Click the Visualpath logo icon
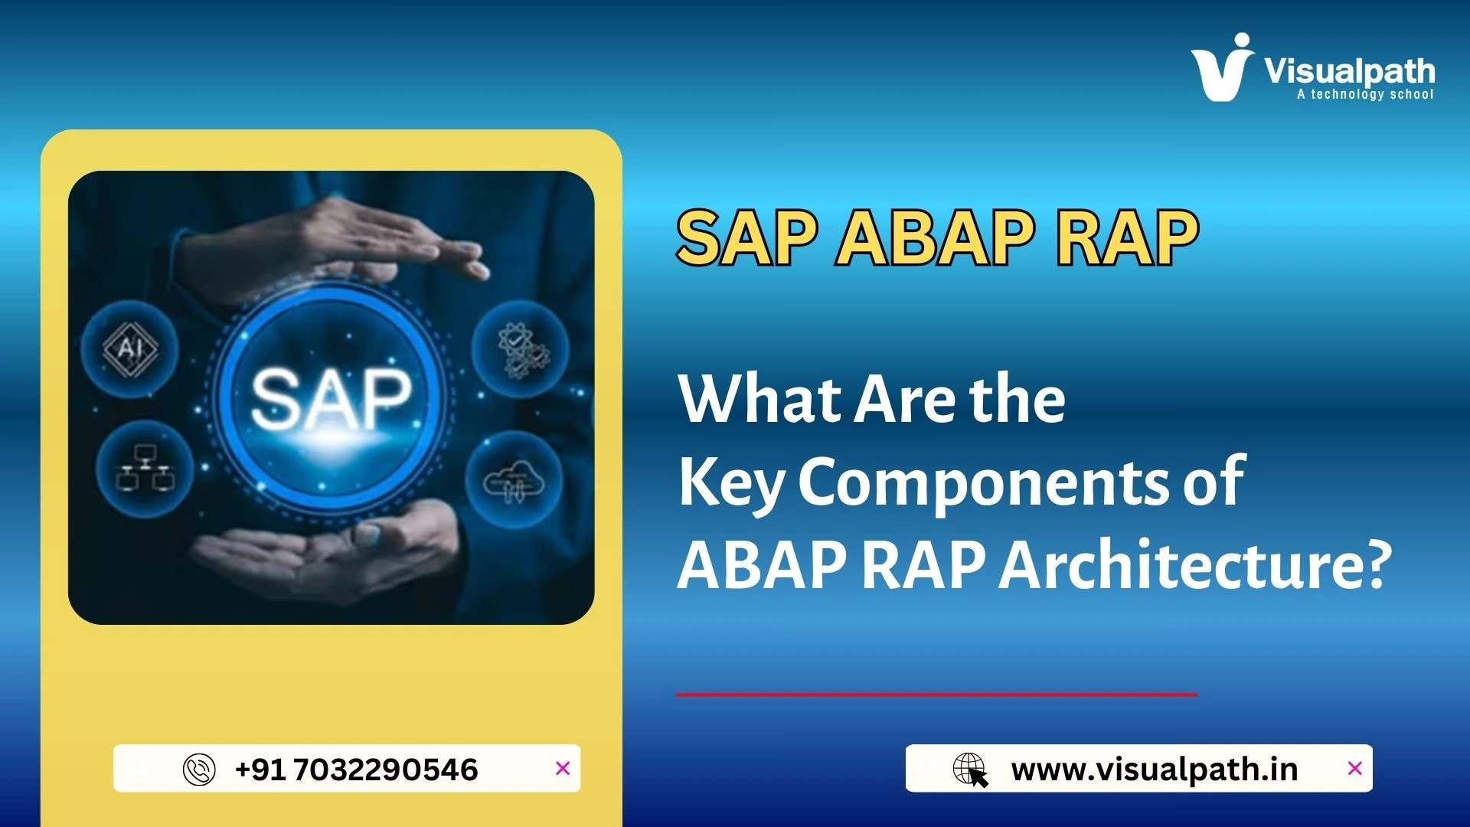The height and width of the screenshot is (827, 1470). [x=1222, y=69]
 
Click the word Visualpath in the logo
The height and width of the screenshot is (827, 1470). [x=1349, y=71]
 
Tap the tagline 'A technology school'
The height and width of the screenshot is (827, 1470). [x=1364, y=94]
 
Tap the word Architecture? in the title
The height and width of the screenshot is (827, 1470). [x=1195, y=564]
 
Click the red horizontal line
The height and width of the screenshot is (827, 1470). [x=936, y=695]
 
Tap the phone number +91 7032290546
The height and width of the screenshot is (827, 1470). [x=357, y=770]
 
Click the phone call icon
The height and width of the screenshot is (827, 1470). [x=199, y=770]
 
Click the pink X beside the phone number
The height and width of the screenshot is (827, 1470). [x=563, y=768]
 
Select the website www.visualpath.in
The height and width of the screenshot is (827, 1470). [x=1154, y=770]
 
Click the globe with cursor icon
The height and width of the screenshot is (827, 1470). [x=970, y=770]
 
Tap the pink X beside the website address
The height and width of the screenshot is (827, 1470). [x=1354, y=768]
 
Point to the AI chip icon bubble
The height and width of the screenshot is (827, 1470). [x=130, y=349]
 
